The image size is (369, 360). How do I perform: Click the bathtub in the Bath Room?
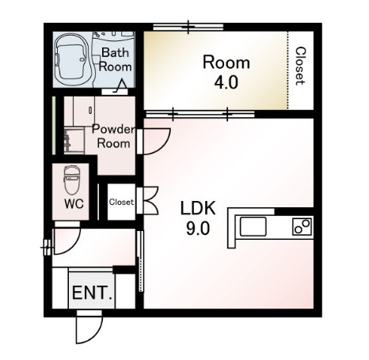point(71,60)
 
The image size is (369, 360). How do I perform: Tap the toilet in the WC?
point(72,180)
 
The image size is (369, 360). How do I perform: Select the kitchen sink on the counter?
point(253,226)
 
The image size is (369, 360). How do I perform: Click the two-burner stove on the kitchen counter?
point(302,226)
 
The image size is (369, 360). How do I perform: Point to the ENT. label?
point(92,293)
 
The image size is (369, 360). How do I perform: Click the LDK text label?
point(198,208)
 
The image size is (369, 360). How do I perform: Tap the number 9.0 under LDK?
point(198,229)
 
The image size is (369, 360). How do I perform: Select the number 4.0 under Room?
point(226,82)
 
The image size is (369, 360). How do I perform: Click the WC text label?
point(74,203)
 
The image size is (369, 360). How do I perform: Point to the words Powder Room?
point(113,136)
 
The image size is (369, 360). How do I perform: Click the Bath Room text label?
point(115,59)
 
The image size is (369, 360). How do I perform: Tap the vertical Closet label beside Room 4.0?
point(300,66)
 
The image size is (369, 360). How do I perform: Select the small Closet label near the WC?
point(121,202)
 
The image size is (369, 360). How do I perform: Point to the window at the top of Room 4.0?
point(188,26)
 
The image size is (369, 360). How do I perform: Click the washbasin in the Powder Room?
point(74,140)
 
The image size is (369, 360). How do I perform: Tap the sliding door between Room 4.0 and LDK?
point(200,114)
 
